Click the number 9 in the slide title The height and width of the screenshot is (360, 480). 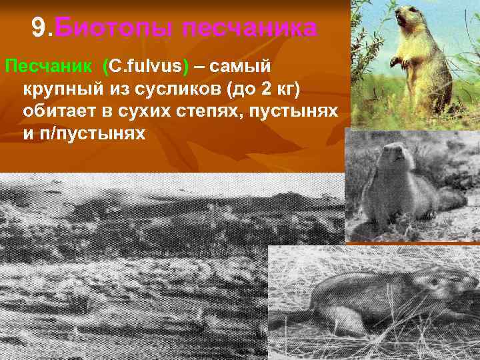[39, 28]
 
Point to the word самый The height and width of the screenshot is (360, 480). [248, 67]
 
